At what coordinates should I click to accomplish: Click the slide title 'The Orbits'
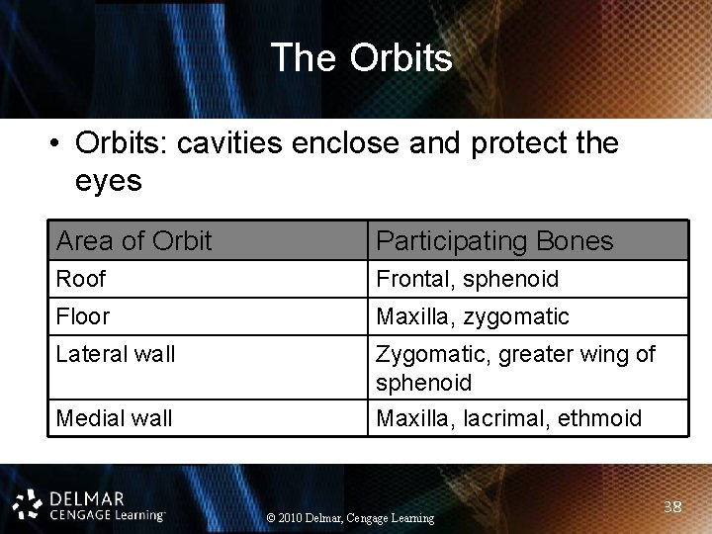coord(361,57)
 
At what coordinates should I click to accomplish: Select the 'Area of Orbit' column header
coord(133,240)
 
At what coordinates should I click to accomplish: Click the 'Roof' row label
coord(80,279)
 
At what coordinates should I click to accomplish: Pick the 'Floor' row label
coord(83,316)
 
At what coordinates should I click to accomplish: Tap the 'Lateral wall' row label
coord(116,354)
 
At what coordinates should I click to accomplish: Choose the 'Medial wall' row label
coord(114,418)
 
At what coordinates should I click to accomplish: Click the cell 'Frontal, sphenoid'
coord(467,279)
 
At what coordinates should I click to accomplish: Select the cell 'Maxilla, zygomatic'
coord(472,316)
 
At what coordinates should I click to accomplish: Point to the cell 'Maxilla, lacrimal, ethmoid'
coord(508,418)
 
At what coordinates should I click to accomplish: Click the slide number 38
coord(673,507)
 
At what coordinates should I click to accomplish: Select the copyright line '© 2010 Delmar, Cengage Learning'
coord(351,518)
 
